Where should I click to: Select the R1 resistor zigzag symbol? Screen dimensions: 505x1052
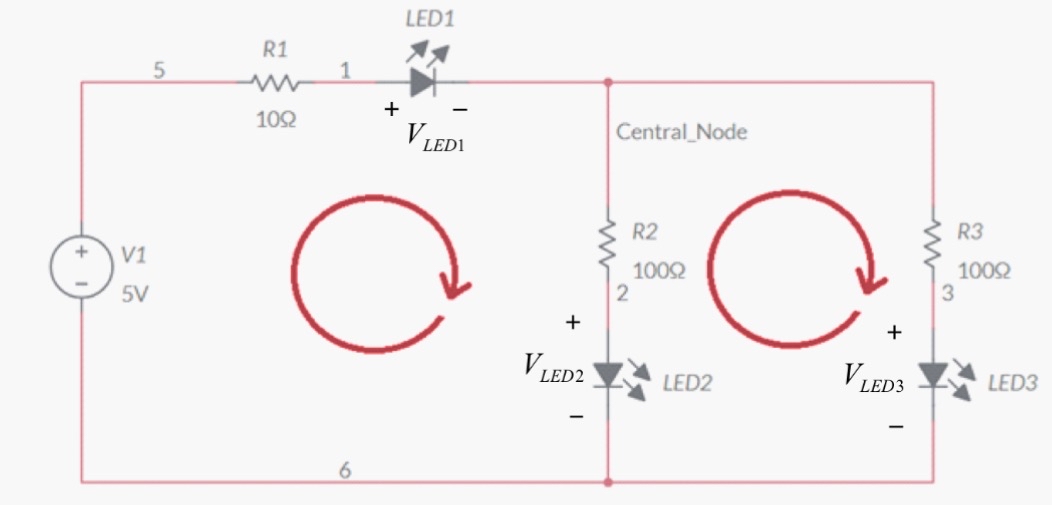click(x=274, y=83)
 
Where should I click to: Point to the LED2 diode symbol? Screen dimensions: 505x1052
click(x=608, y=375)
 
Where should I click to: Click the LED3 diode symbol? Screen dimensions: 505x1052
click(x=933, y=375)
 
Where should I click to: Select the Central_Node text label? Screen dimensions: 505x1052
click(x=681, y=132)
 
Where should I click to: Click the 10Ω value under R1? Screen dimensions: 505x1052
click(x=276, y=119)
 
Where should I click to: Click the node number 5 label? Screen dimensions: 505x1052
click(x=158, y=71)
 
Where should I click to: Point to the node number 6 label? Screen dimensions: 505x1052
click(x=344, y=470)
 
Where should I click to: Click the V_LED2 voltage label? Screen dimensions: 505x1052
click(x=553, y=367)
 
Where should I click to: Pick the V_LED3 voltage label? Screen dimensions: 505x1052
click(x=873, y=377)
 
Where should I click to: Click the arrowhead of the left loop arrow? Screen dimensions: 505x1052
click(x=456, y=285)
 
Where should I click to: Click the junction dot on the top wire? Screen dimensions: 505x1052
click(x=608, y=83)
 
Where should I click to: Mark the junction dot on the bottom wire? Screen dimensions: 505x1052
click(x=608, y=482)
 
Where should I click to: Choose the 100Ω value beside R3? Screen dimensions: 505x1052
click(x=984, y=271)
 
